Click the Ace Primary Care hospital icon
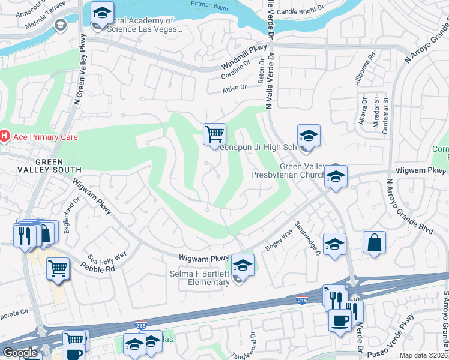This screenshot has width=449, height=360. pyautogui.click(x=4, y=137)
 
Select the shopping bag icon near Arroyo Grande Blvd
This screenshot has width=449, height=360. pyautogui.click(x=374, y=242)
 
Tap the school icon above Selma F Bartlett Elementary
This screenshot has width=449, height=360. pyautogui.click(x=243, y=265)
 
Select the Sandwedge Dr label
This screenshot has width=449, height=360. pyautogui.click(x=307, y=238)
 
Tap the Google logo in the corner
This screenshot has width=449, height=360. pyautogui.click(x=20, y=353)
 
